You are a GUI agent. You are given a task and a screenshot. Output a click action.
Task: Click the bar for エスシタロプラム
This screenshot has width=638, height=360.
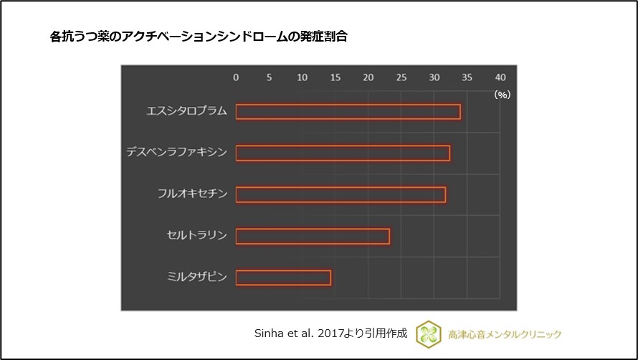coord(348,112)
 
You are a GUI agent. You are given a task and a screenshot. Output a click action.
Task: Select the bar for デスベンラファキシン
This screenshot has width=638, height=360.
coord(343,153)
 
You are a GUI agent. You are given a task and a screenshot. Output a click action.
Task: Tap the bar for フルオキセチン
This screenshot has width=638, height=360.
coord(341,194)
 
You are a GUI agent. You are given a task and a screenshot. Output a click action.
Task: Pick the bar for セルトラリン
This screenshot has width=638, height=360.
coord(313,236)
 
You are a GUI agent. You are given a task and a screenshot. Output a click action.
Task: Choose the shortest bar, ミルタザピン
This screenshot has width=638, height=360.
coord(283,278)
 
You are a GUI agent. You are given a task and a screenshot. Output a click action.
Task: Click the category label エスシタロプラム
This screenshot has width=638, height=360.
coord(186,111)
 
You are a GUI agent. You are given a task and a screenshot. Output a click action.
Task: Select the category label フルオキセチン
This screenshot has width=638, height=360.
coord(192,194)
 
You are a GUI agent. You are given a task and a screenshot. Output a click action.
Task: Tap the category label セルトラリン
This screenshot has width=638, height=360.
coord(196,235)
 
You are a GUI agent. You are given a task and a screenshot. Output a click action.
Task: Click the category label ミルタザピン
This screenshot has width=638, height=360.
coord(196,277)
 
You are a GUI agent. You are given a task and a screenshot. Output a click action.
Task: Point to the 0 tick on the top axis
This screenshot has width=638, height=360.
coord(236,77)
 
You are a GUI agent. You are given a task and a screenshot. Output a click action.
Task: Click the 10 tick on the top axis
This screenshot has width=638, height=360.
coord(302,77)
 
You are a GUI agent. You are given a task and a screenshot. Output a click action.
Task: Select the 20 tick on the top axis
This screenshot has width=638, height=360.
coord(368,77)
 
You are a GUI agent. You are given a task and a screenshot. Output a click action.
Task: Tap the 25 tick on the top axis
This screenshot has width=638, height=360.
coord(401,77)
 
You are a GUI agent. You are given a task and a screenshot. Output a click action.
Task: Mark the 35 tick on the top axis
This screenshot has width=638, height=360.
coord(467,77)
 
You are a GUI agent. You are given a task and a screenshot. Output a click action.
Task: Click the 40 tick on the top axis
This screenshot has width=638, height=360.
coord(500,77)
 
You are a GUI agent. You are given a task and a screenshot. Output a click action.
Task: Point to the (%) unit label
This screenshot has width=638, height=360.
coord(502,94)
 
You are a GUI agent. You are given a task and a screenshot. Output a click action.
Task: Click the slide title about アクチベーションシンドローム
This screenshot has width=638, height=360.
coord(199,37)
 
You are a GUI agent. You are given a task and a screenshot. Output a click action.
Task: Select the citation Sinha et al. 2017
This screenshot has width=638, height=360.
coord(330,333)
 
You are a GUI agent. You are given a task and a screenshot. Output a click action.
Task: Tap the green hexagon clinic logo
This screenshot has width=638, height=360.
coord(429,333)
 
